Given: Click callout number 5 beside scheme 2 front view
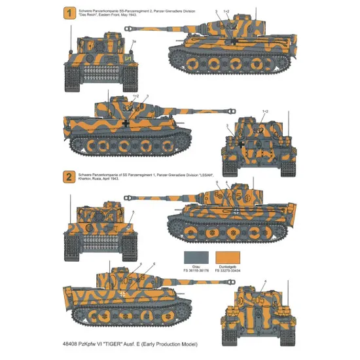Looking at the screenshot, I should pyautogui.click(x=133, y=211).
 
